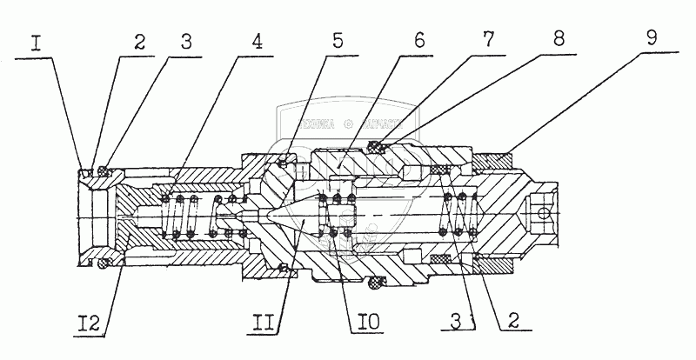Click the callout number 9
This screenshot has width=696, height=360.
[651, 39]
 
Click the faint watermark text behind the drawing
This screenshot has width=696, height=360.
[348, 123]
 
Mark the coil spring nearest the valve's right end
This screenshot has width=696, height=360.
[458, 215]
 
